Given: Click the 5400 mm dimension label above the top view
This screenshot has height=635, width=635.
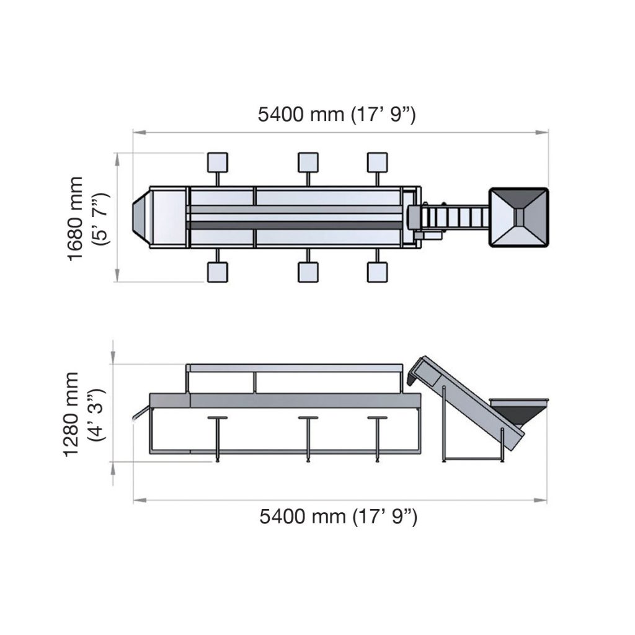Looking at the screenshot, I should tap(337, 115).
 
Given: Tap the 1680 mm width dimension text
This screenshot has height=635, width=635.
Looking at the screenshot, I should tap(76, 218).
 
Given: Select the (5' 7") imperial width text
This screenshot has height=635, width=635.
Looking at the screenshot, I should tap(100, 218).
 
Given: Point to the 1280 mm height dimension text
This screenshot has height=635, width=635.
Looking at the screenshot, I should tap(72, 414).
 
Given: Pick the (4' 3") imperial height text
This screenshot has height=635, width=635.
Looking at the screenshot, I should tap(97, 414).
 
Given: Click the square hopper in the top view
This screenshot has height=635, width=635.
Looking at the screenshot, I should tap(519, 217).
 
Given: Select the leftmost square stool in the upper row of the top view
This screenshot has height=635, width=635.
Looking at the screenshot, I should tap(217, 162).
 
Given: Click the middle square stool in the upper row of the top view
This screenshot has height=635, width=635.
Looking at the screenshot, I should tap(308, 162).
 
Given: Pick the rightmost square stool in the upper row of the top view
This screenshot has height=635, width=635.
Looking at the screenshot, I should tap(377, 162).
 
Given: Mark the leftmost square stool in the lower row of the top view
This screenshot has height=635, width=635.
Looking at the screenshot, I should tap(217, 272).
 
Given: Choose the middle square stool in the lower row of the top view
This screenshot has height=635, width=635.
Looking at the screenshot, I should tap(308, 272).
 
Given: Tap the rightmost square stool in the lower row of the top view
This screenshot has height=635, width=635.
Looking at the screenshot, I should tap(377, 272).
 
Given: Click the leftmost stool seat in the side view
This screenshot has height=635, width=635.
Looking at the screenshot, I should tap(217, 419).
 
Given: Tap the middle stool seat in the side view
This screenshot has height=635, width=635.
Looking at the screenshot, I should tap(308, 419).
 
